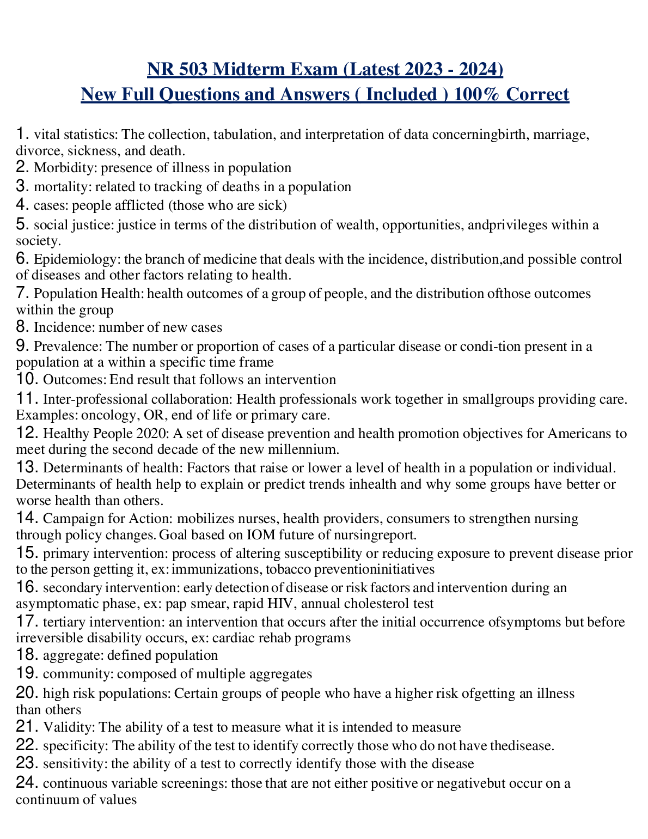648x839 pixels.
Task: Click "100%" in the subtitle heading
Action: pyautogui.click(x=477, y=94)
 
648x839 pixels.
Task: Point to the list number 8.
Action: pyautogui.click(x=22, y=327)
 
